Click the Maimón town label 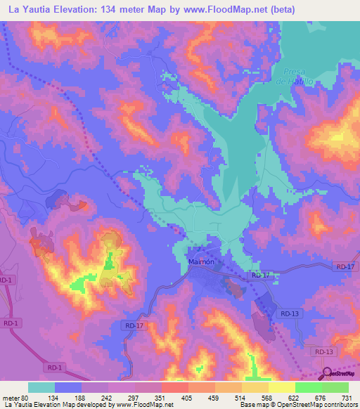point(200,262)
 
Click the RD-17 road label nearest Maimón point(260,275)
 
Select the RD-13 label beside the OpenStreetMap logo point(323,351)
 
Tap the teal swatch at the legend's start point(41,387)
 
